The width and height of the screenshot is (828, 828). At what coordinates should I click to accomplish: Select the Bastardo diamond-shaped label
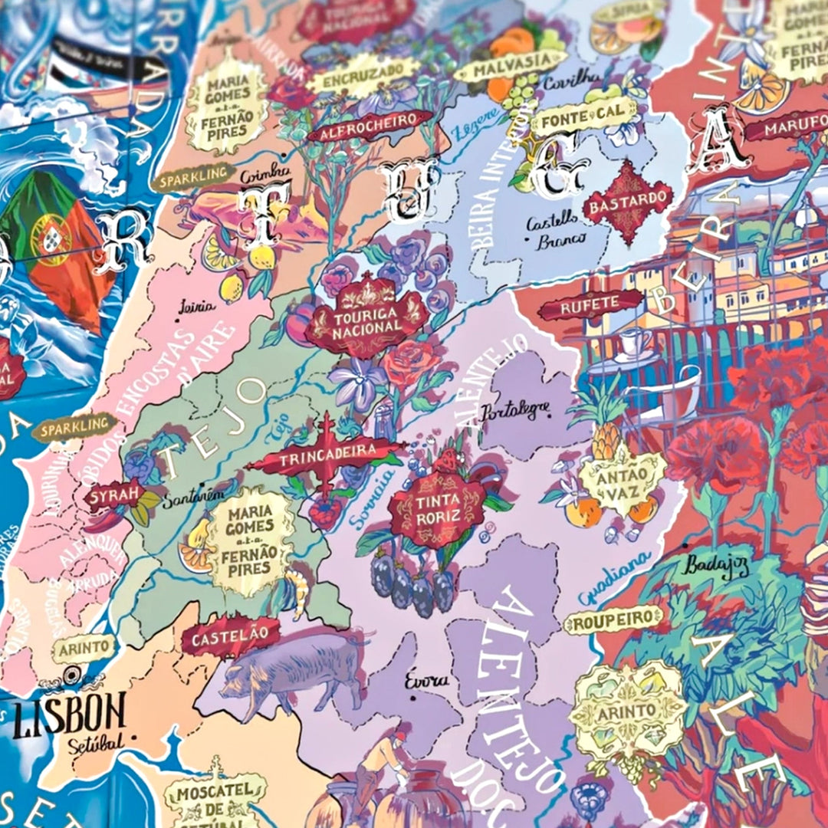click(627, 202)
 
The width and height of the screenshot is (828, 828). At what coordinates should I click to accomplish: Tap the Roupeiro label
click(613, 619)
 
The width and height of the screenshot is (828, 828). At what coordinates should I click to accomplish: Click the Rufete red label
click(590, 304)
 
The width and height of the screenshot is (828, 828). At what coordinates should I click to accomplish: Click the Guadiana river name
click(613, 579)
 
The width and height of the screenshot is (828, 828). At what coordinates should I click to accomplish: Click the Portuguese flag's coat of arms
click(52, 238)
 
